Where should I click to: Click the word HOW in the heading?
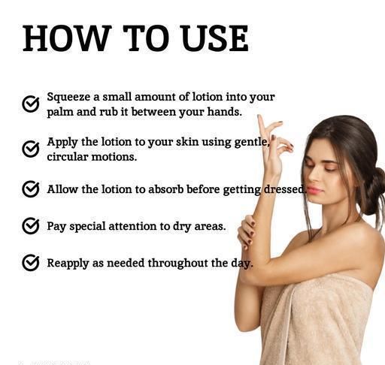click(67, 38)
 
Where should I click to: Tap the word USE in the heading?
click(214, 38)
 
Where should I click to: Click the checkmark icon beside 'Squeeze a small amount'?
click(31, 104)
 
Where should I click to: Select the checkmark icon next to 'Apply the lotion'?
click(31, 149)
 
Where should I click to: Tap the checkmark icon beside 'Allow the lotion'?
click(31, 189)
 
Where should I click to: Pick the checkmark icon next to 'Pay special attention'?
click(31, 226)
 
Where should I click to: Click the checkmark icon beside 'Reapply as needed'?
click(31, 263)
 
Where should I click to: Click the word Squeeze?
click(68, 98)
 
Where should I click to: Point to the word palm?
click(60, 112)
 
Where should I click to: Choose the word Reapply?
click(68, 264)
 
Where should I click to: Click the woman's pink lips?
click(314, 190)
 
